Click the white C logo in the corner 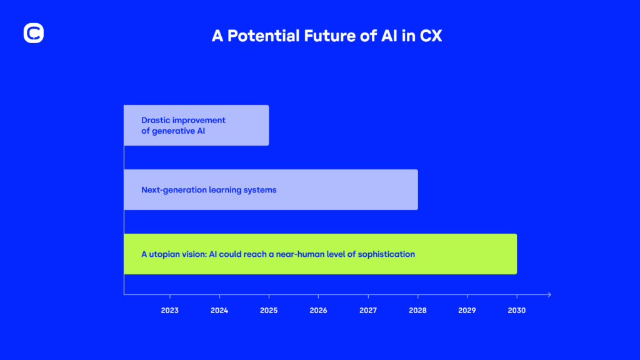[33, 33]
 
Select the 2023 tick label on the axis [169, 310]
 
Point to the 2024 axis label [219, 310]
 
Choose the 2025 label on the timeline [269, 310]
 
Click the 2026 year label [318, 310]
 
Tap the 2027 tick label [368, 310]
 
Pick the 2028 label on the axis [417, 310]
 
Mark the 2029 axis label [467, 310]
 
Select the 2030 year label [516, 310]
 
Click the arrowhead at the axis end [548, 294]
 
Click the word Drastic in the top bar [155, 119]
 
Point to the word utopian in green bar [164, 254]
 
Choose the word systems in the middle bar [260, 189]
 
